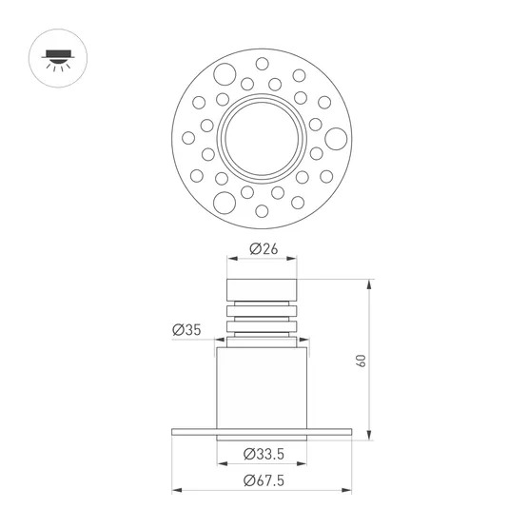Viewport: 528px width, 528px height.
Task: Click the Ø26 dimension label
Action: (263, 248)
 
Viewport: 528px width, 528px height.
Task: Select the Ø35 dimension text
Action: (186, 330)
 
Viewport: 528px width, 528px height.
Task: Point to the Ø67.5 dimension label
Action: (263, 480)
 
